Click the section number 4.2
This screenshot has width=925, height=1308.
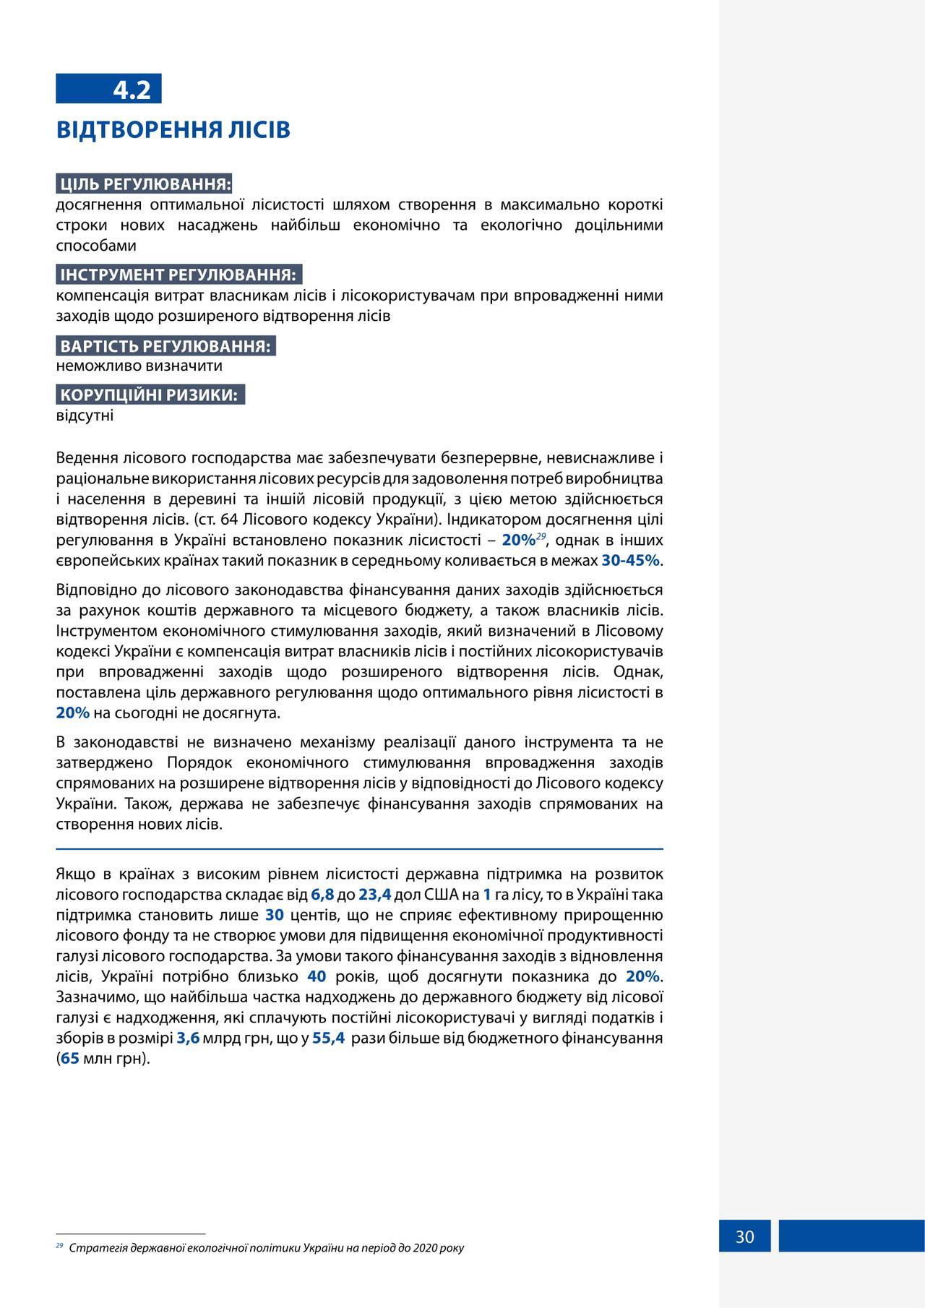(132, 90)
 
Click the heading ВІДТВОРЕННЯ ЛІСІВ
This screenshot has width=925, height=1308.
(173, 130)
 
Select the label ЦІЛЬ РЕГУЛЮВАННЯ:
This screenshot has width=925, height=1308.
(145, 184)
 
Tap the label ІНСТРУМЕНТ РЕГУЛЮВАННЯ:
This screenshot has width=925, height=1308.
(178, 275)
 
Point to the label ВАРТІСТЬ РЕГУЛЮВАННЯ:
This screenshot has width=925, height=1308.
(165, 345)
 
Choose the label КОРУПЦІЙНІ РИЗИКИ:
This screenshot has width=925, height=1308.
(149, 395)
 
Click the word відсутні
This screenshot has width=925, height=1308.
(85, 416)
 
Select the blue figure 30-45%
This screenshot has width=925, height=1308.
(630, 561)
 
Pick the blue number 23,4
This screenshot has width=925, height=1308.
(374, 895)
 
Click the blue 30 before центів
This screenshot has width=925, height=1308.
(275, 915)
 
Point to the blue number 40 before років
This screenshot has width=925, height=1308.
(317, 977)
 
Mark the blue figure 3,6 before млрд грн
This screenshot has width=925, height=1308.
(188, 1038)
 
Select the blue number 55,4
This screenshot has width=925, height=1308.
(328, 1038)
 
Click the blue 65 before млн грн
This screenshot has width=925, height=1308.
(70, 1059)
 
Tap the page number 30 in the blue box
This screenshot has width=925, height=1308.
(744, 1237)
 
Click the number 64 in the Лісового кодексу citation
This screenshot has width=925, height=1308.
(229, 520)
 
